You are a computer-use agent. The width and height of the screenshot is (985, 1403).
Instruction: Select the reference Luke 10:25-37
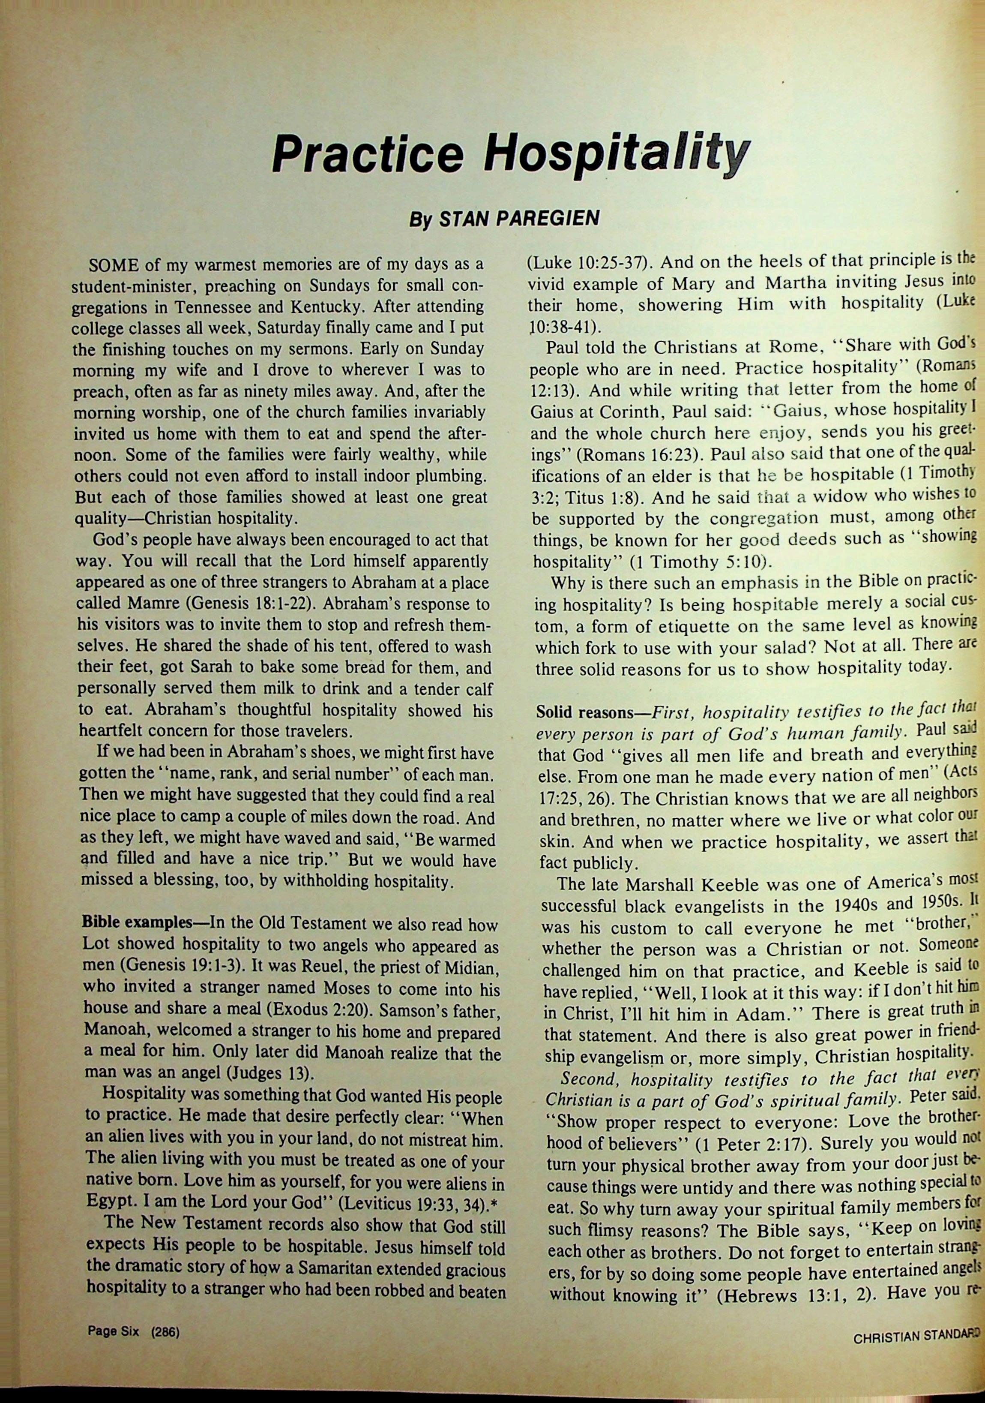tap(586, 263)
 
